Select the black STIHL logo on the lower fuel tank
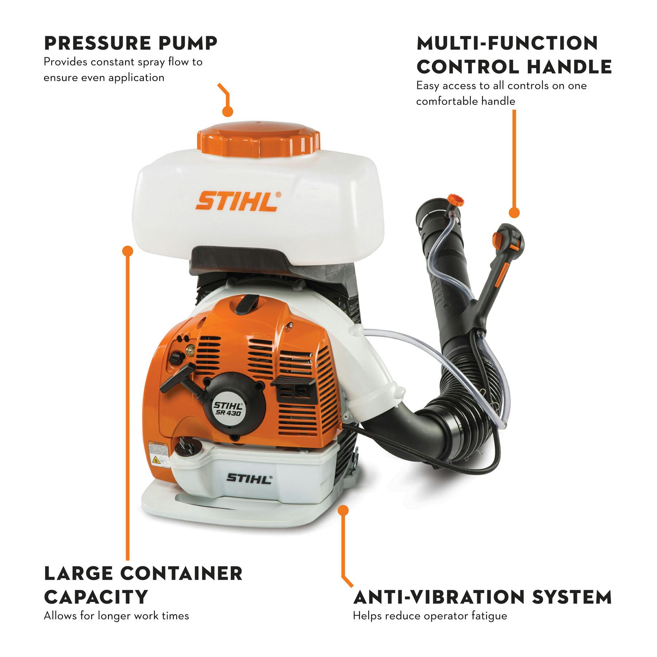[249, 479]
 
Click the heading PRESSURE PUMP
[130, 43]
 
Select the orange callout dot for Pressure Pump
[228, 112]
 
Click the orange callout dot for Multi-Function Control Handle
[514, 213]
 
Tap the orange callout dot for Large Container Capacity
[127, 251]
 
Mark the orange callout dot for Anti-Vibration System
[343, 510]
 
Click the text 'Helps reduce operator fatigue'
[430, 616]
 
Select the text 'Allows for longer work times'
[116, 616]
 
